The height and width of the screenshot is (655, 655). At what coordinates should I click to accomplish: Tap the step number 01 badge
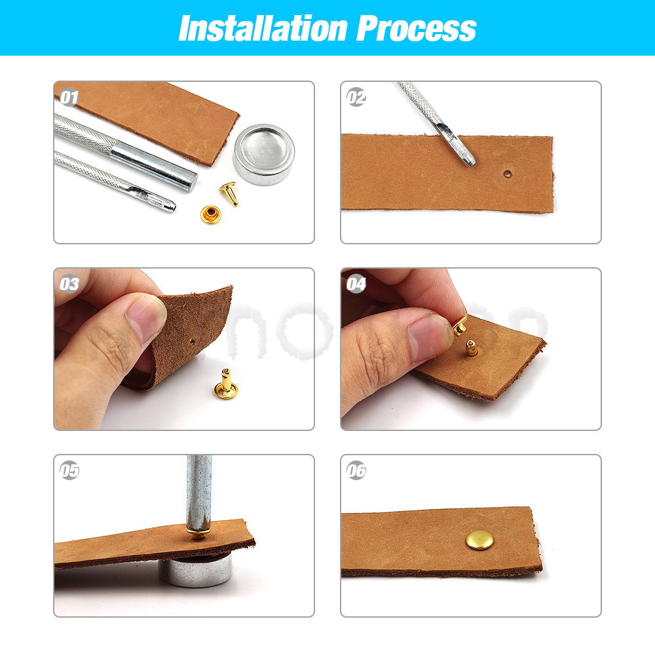[x=69, y=98]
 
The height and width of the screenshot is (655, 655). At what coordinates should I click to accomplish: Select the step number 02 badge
[x=356, y=98]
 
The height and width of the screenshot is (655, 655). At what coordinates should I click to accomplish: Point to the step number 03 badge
[x=69, y=284]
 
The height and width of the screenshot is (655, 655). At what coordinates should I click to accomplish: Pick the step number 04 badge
[x=356, y=284]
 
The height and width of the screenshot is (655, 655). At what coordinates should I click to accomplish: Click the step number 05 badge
[x=69, y=471]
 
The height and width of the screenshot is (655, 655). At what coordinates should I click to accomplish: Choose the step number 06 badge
[x=356, y=471]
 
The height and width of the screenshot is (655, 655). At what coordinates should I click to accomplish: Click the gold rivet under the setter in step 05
[x=197, y=532]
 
